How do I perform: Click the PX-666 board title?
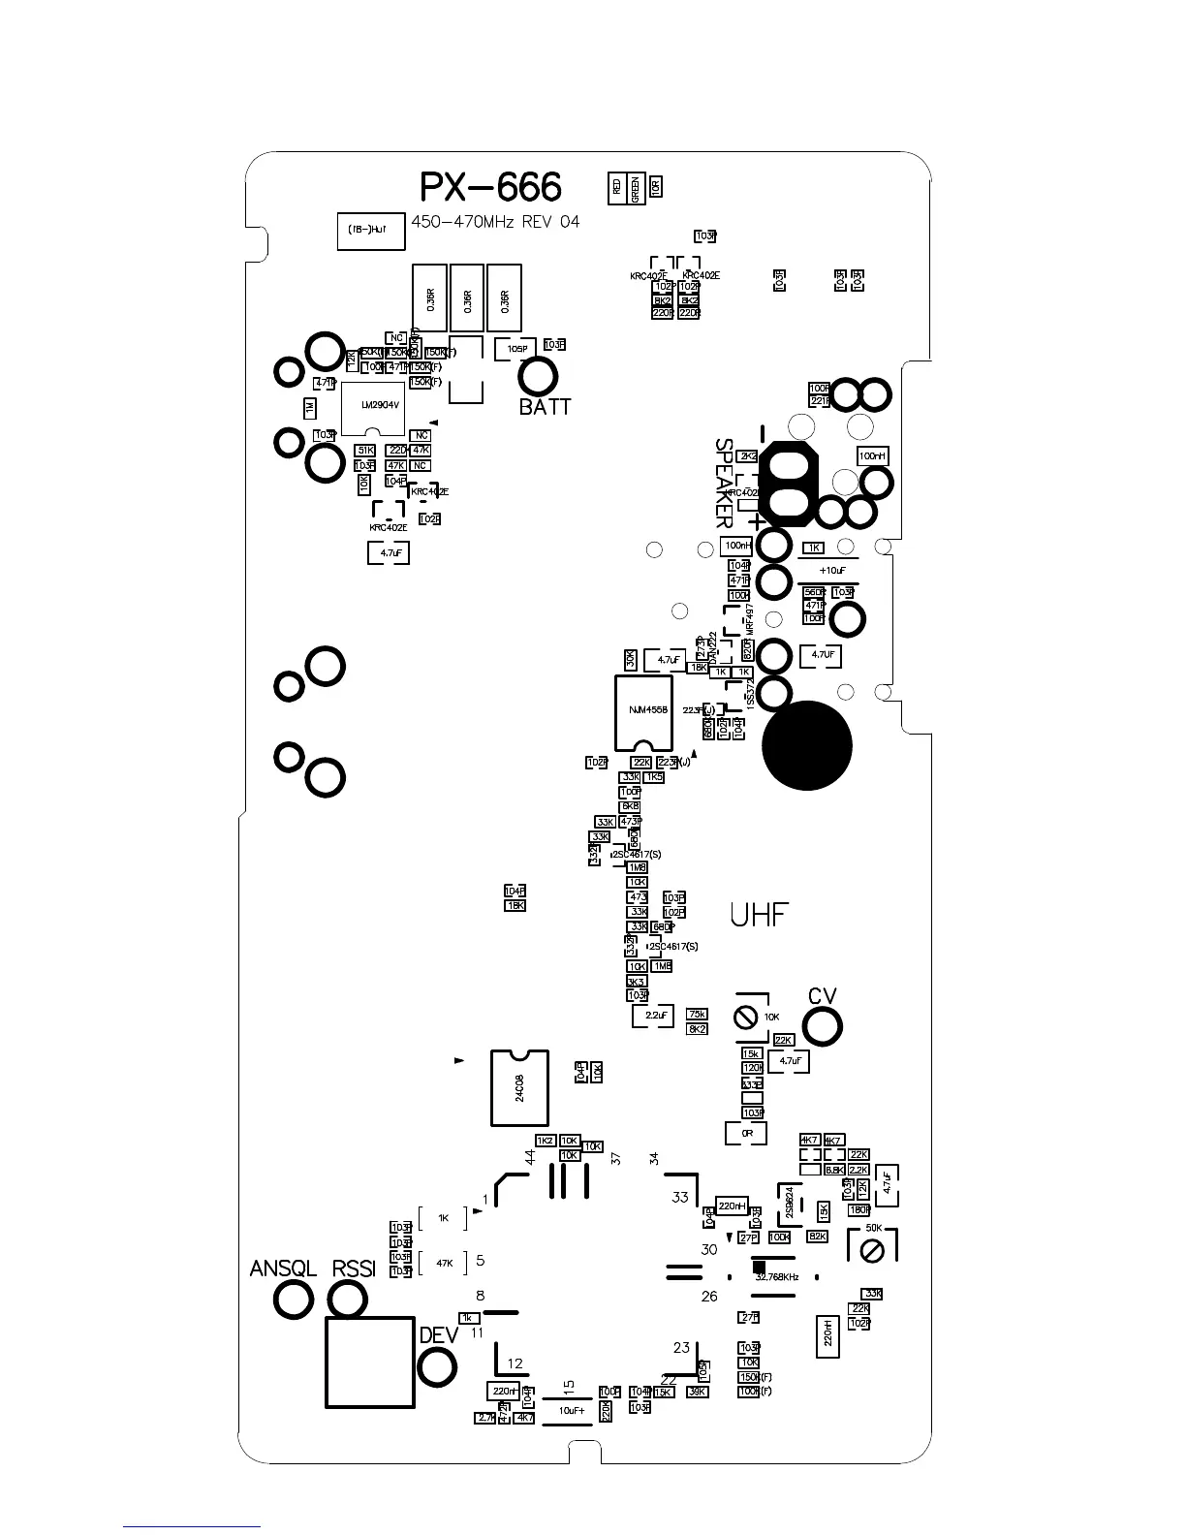(490, 188)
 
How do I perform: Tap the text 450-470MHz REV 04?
(495, 222)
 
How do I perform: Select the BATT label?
(545, 407)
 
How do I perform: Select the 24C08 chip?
(520, 1087)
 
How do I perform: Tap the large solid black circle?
(807, 746)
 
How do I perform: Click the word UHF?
(759, 915)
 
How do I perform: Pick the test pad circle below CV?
(822, 1027)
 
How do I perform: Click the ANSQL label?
(283, 1269)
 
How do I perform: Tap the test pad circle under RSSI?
(347, 1300)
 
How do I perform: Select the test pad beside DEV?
(436, 1367)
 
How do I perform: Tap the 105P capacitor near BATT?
(515, 348)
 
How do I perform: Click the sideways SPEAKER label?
(724, 482)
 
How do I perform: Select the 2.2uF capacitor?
(652, 1016)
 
